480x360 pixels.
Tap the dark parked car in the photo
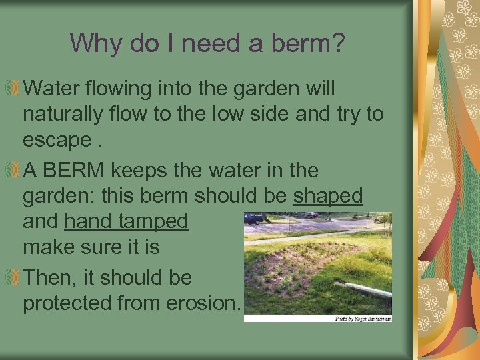click(x=254, y=218)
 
